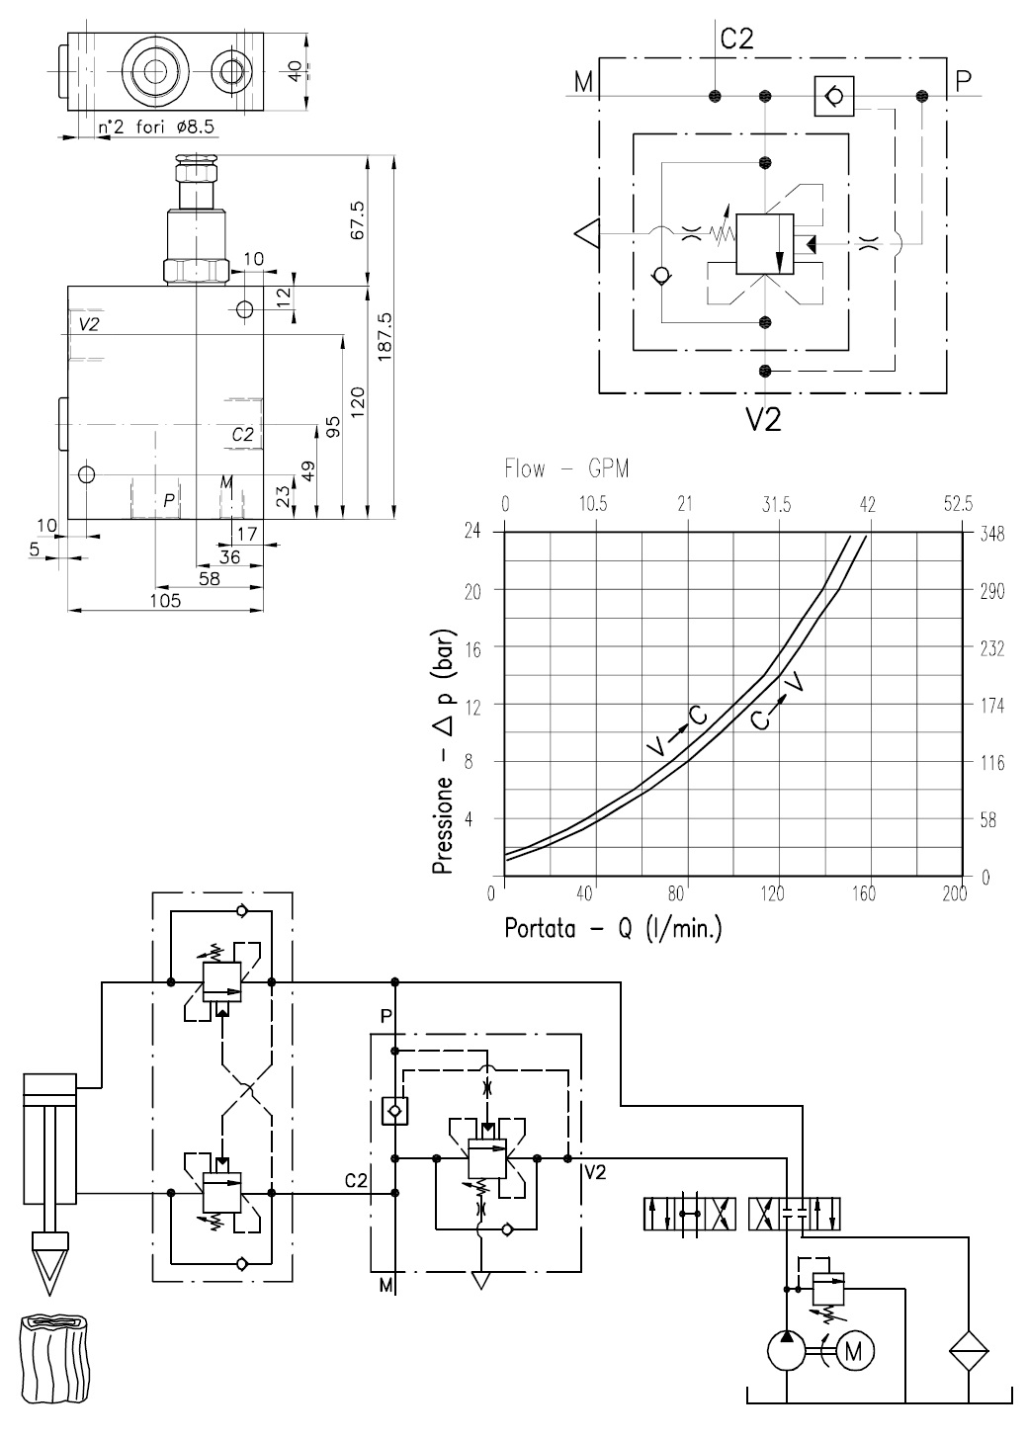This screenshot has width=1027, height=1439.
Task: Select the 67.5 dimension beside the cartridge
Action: [x=358, y=219]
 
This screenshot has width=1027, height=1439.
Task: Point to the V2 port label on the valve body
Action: [x=88, y=324]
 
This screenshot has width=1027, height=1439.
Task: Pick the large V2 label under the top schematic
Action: [x=763, y=419]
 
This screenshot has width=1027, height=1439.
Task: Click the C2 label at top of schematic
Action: [x=736, y=39]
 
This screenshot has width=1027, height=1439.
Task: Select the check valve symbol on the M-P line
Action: [x=833, y=96]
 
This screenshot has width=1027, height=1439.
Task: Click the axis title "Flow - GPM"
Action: [x=566, y=467]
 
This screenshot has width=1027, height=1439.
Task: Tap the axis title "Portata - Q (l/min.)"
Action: [x=613, y=929]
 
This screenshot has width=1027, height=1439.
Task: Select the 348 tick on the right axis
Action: [x=991, y=534]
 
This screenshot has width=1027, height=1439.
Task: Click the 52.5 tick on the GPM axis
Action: [x=957, y=503]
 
